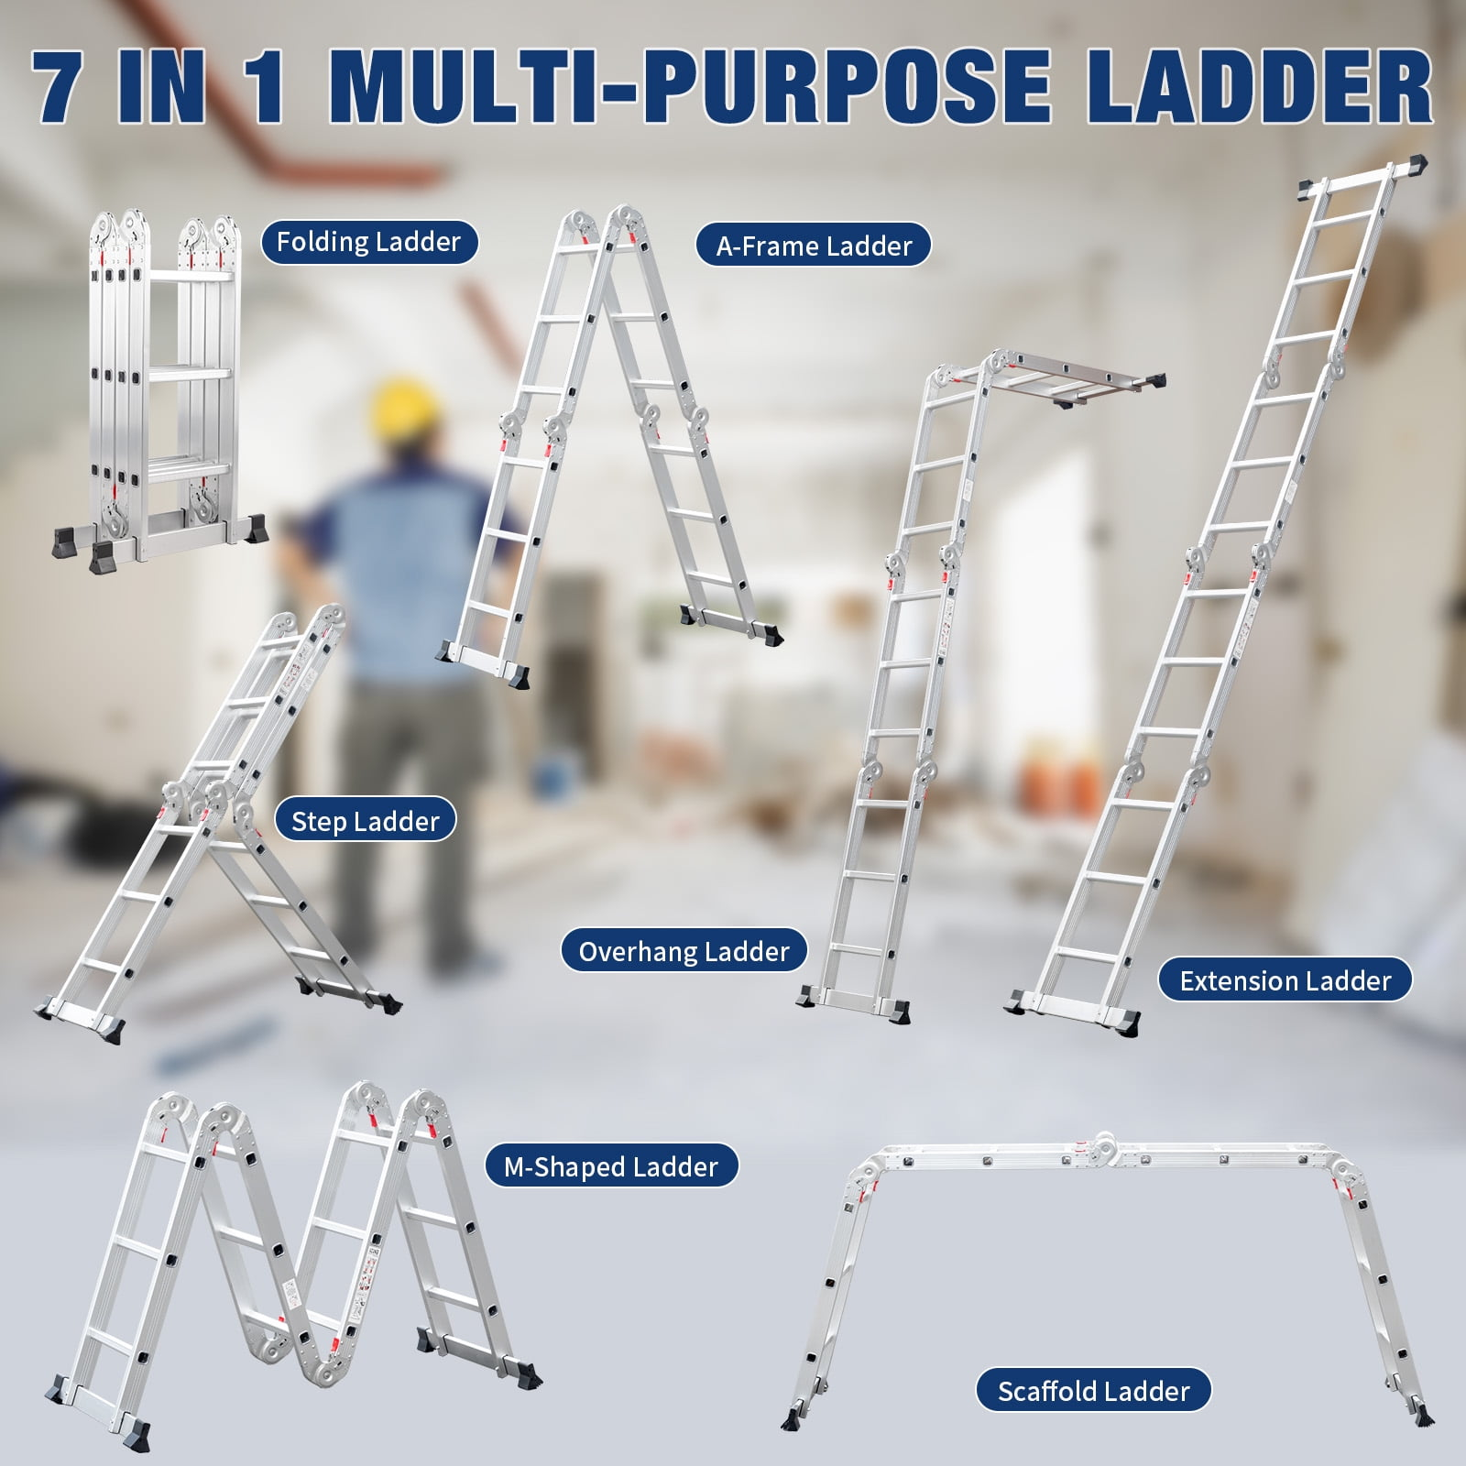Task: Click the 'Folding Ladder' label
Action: pos(368,242)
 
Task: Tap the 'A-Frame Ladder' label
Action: pos(814,246)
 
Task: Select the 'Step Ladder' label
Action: pos(365,821)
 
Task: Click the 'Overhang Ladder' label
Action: pos(684,952)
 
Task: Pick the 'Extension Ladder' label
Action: pos(1285,981)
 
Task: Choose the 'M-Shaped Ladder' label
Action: pos(610,1166)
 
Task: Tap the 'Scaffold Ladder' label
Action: pos(1093,1392)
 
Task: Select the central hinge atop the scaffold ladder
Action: pos(1103,1145)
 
